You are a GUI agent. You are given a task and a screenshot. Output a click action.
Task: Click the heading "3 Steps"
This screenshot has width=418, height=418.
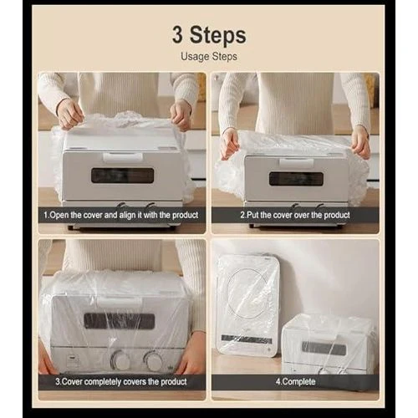point(209,35)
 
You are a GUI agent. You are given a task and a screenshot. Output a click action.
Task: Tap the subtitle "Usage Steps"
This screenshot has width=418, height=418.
point(209,57)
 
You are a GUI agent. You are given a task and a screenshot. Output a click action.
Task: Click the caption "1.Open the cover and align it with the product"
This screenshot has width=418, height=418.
point(121,215)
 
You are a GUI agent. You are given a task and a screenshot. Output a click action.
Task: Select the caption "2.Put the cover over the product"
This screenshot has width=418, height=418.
point(295,215)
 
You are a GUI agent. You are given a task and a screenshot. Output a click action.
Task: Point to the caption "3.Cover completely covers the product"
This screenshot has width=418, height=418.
point(121,381)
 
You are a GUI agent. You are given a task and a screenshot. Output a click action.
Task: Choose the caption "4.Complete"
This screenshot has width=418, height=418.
point(295,381)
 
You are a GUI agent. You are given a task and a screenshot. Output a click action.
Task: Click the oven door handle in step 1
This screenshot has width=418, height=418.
point(123,157)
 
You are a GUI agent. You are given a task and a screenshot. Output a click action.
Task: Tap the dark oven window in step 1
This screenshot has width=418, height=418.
point(123,176)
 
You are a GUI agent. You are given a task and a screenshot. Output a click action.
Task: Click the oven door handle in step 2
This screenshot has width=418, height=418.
point(297,163)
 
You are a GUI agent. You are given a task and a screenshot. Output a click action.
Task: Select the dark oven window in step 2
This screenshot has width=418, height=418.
point(296,179)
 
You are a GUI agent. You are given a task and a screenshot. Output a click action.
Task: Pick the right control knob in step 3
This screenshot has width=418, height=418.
point(153,361)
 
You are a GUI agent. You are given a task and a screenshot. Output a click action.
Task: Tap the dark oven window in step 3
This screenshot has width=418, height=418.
point(120,321)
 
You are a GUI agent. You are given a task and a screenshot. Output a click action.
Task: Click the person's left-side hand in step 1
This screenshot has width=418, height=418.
point(69,114)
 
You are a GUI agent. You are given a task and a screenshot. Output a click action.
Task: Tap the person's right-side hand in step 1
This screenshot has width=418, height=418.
point(181,115)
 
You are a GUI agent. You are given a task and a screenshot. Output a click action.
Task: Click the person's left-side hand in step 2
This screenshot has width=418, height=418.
point(231,144)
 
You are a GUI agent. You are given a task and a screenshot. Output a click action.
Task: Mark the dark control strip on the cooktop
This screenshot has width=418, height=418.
point(247,339)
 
